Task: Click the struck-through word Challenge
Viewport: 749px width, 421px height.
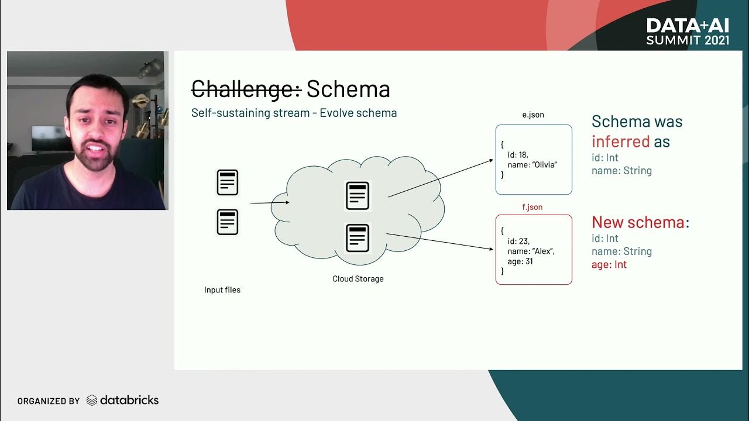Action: (246, 89)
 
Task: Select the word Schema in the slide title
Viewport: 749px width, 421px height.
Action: (348, 89)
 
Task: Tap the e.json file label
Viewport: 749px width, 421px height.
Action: (533, 115)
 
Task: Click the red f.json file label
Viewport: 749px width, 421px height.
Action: (532, 207)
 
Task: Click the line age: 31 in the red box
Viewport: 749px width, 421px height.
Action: (520, 261)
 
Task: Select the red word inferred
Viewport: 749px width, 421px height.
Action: (621, 142)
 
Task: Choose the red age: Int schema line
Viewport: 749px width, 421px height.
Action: (609, 264)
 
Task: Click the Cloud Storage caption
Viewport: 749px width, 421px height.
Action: (358, 279)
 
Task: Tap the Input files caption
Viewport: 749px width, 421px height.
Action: (222, 290)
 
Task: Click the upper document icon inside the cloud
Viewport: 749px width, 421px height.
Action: (358, 195)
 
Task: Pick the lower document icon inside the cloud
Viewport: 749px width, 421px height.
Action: (358, 238)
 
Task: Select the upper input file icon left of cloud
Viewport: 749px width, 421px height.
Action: (228, 182)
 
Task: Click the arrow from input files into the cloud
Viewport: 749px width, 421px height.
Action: (270, 203)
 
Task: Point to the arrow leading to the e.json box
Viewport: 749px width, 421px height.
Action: (440, 178)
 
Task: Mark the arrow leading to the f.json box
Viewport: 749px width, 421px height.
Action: (440, 241)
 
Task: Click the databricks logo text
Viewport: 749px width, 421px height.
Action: (129, 401)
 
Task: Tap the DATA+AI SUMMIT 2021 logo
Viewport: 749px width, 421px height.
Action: (688, 32)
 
